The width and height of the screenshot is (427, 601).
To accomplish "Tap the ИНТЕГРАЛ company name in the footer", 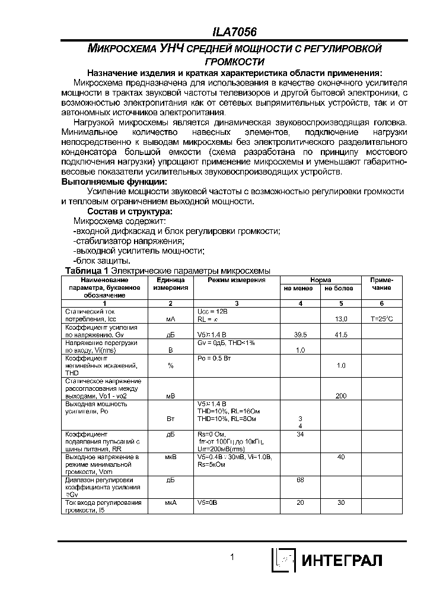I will pyautogui.click(x=343, y=560).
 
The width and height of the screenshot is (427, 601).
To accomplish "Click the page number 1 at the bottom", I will pyautogui.click(x=232, y=557).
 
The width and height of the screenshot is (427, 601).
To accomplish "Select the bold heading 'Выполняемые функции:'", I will pyautogui.click(x=114, y=182).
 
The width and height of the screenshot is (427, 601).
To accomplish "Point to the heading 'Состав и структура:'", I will pyautogui.click(x=130, y=211).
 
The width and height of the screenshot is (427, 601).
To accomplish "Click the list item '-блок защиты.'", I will pyautogui.click(x=101, y=261).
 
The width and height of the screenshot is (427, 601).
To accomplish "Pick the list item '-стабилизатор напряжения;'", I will pyautogui.click(x=129, y=241).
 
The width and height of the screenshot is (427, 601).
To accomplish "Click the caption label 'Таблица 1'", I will pyautogui.click(x=86, y=271).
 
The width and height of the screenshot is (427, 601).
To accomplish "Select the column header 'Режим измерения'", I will pyautogui.click(x=236, y=280).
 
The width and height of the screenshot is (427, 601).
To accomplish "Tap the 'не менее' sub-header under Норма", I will pyautogui.click(x=300, y=288).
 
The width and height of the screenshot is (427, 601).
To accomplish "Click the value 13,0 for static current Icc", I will pyautogui.click(x=341, y=319).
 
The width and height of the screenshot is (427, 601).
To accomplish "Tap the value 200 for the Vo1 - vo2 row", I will pyautogui.click(x=341, y=395).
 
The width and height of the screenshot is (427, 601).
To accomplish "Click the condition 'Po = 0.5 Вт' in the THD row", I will pyautogui.click(x=215, y=358).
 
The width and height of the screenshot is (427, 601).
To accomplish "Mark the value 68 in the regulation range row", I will pyautogui.click(x=300, y=479).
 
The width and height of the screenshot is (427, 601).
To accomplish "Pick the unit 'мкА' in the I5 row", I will pyautogui.click(x=170, y=502).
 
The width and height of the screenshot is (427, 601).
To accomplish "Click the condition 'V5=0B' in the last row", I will pyautogui.click(x=208, y=502).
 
